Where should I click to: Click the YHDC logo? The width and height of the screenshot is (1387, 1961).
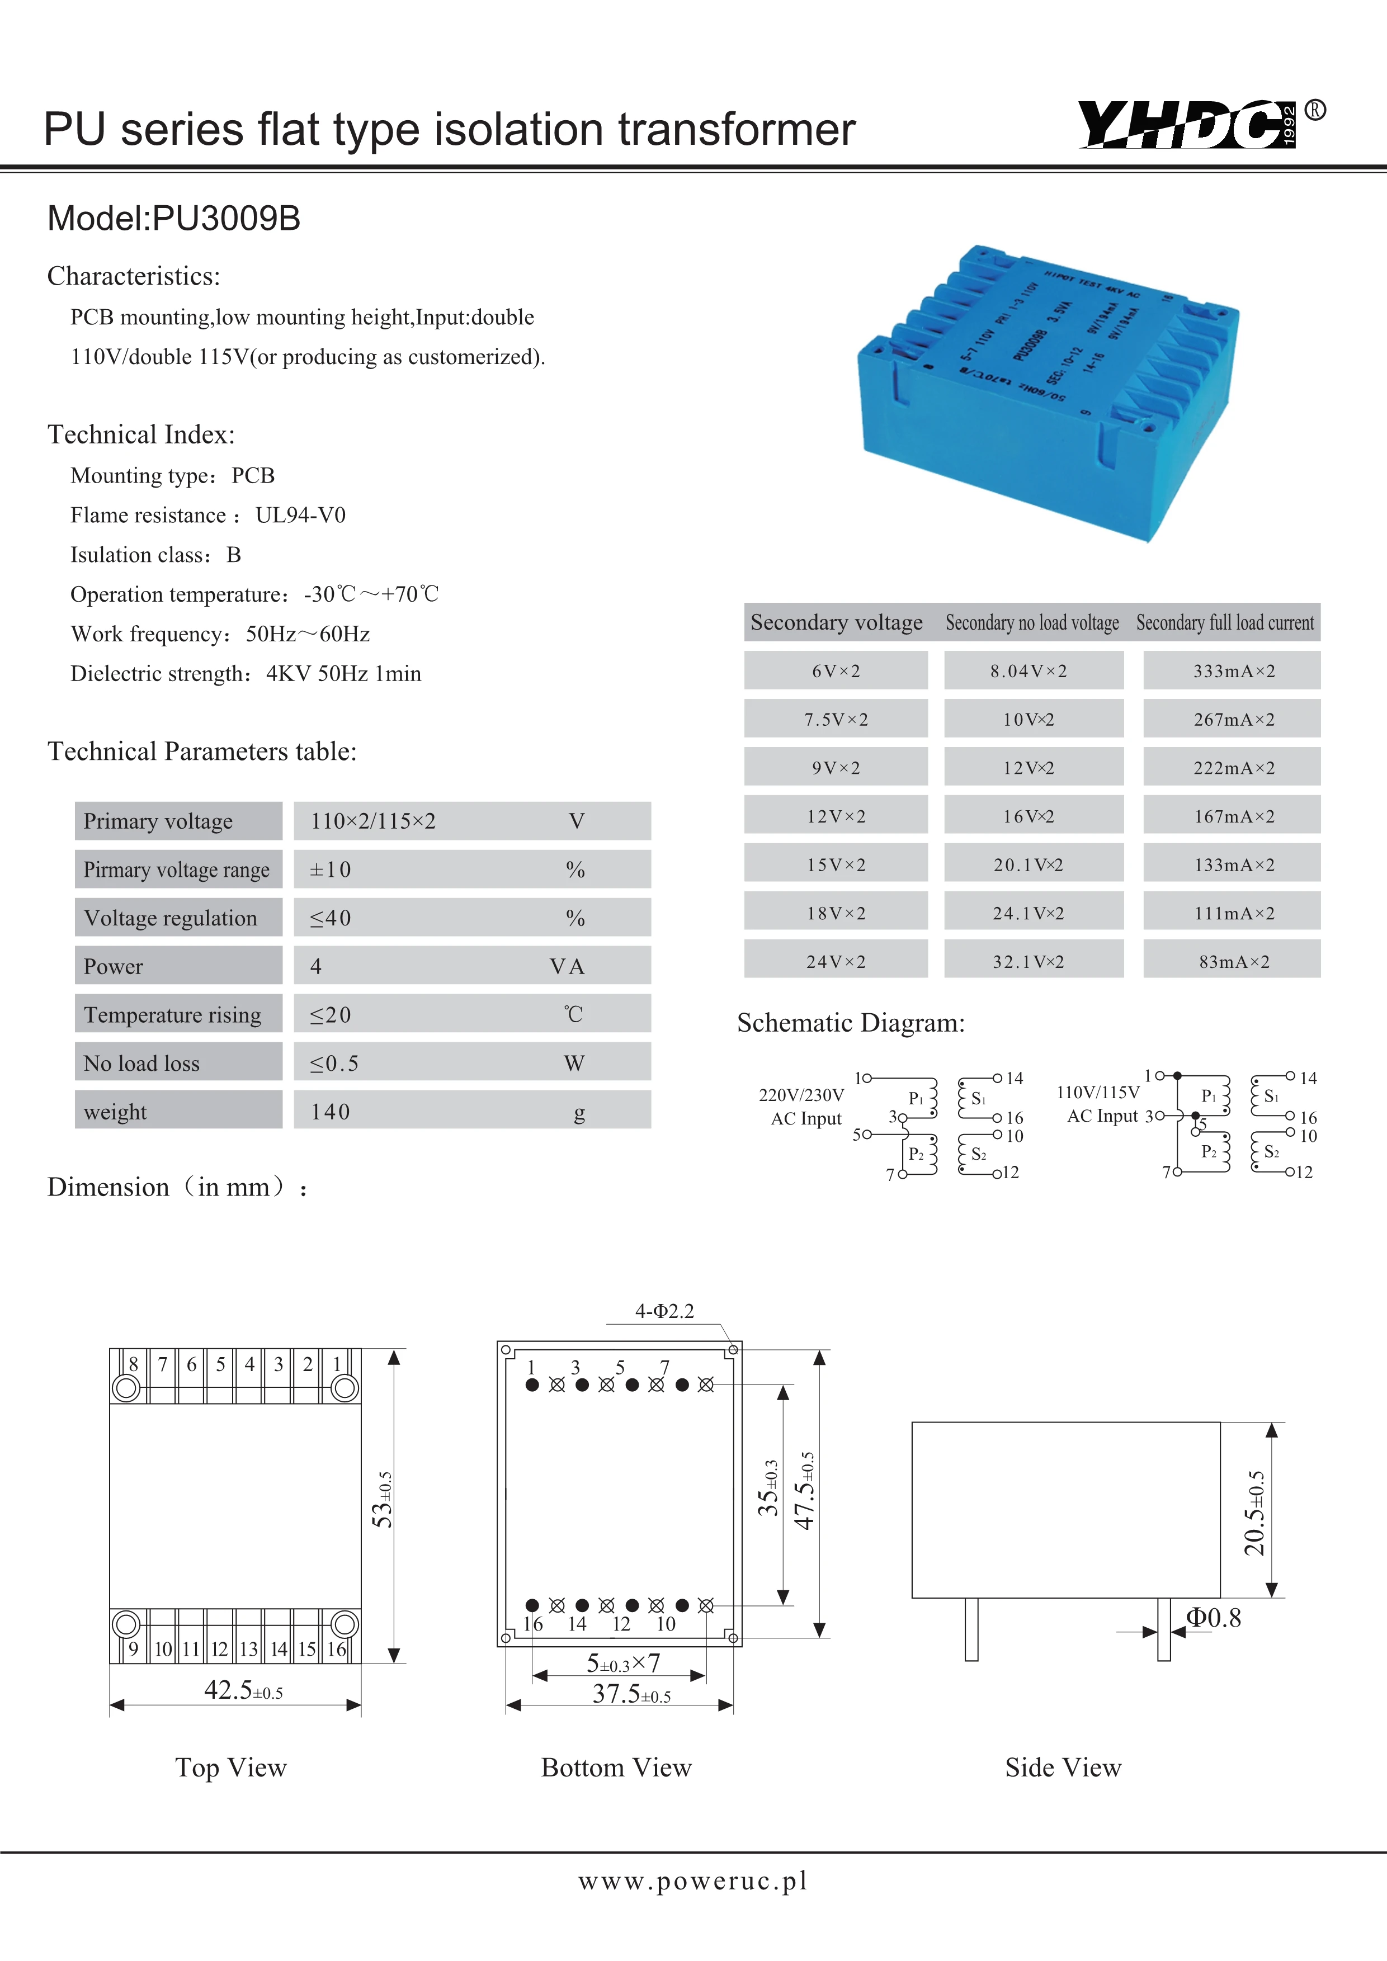1187,125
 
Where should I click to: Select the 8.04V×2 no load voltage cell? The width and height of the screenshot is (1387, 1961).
1029,672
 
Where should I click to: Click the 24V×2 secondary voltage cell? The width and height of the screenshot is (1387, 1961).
836,962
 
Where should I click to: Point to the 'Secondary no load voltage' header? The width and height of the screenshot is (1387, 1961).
1032,623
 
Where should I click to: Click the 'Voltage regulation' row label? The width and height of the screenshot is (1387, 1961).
171,918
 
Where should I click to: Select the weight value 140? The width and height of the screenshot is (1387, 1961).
331,1112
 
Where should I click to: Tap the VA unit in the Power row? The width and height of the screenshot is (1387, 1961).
567,967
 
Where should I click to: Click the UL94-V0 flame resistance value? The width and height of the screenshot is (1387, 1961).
301,515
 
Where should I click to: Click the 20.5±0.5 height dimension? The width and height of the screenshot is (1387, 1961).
1254,1513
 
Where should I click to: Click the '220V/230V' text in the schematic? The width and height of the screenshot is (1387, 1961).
801,1095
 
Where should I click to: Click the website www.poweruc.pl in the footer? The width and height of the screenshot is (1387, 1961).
692,1880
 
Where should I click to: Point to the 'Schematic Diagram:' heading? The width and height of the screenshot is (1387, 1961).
851,1023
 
